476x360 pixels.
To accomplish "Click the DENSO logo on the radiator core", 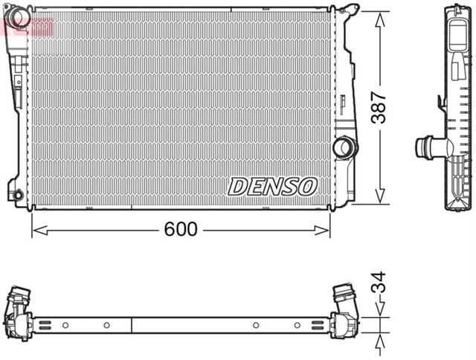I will pyautogui.click(x=272, y=186).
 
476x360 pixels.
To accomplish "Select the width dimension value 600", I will pyautogui.click(x=181, y=229).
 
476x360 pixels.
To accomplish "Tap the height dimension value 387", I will pyautogui.click(x=379, y=109).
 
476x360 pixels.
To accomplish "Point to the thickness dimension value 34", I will pyautogui.click(x=379, y=283).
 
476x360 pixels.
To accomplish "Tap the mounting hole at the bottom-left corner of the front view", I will pyautogui.click(x=18, y=195).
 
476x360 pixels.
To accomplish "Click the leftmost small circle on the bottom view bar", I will pyautogui.click(x=65, y=325).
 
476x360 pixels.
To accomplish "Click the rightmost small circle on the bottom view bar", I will pyautogui.click(x=297, y=325).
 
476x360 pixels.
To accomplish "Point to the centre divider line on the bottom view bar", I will pyautogui.click(x=132, y=325).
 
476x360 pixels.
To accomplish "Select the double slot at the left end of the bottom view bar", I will pyautogui.click(x=45, y=325).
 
